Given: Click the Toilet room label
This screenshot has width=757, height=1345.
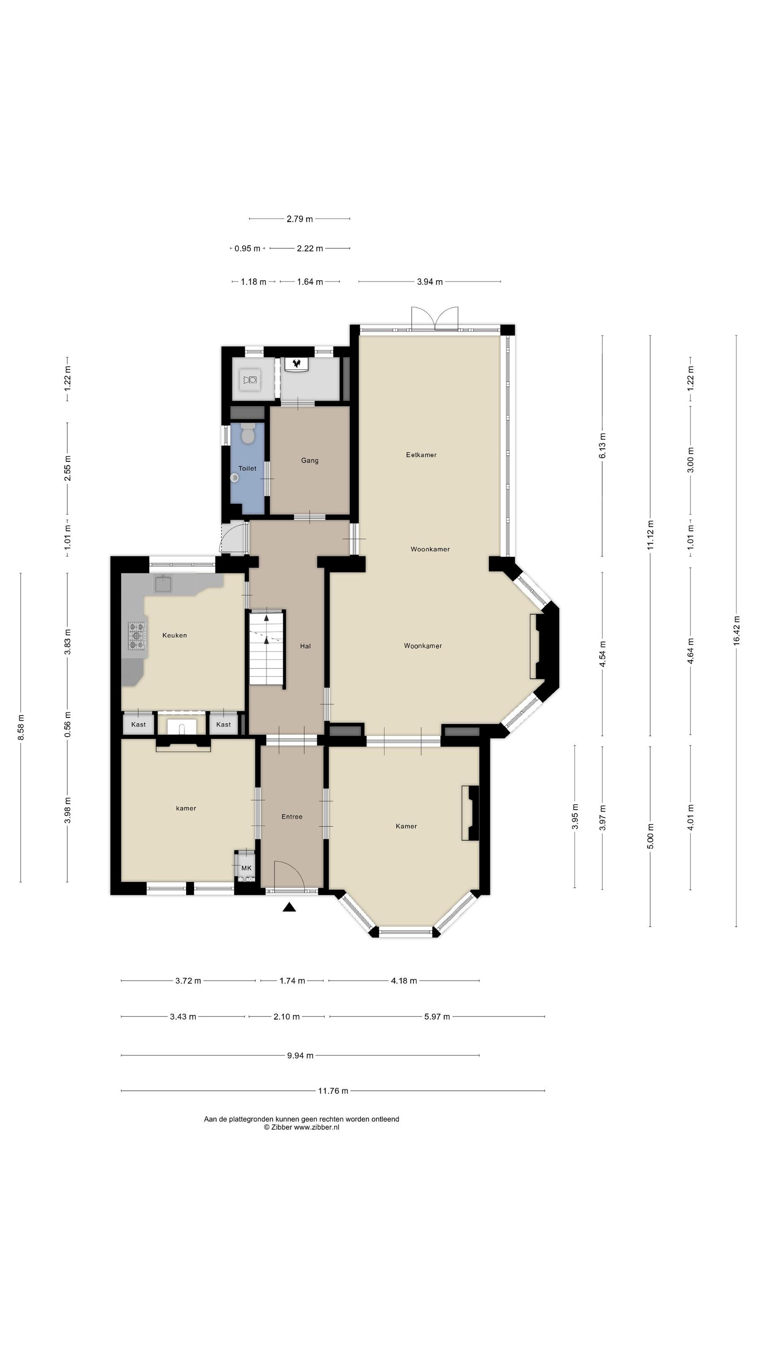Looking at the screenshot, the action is (x=247, y=469).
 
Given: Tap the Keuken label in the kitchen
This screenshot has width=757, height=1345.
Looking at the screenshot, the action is (x=174, y=635).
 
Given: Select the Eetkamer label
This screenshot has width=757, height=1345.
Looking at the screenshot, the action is (x=421, y=455).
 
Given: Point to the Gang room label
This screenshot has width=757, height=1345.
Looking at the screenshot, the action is (x=310, y=460).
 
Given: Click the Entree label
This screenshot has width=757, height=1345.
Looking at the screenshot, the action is (x=292, y=816).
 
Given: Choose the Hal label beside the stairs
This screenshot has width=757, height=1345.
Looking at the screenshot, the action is (x=305, y=646).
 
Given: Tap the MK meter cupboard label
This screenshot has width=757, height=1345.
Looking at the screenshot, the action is (x=247, y=868).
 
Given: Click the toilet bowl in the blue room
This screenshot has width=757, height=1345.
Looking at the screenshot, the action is (x=248, y=434).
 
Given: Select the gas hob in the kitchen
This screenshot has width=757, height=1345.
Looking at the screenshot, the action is (x=137, y=635).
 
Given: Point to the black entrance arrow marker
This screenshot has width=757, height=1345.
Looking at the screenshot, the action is (x=289, y=907).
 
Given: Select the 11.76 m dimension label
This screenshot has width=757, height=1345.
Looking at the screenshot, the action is (x=333, y=1091).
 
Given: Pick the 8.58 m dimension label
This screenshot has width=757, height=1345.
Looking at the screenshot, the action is (x=21, y=727).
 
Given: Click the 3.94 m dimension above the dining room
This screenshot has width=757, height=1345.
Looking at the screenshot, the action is (x=430, y=282).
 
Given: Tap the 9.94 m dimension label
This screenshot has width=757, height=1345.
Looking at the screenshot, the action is (x=300, y=1055).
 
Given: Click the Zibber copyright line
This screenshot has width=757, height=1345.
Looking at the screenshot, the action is (x=301, y=1127).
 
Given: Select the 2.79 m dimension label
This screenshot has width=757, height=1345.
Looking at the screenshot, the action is (x=300, y=219).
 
